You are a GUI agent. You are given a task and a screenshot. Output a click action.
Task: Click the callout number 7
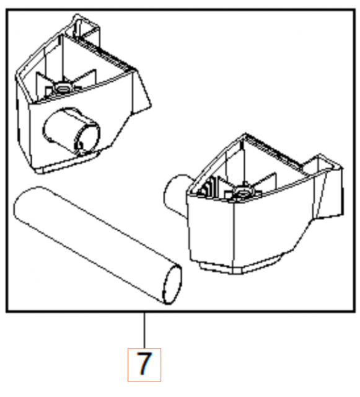click(144, 364)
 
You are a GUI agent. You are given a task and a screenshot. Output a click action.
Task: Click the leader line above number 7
click(144, 331)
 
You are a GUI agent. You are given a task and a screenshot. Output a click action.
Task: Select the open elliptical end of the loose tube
click(172, 285)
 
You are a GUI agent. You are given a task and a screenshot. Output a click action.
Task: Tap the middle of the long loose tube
click(98, 246)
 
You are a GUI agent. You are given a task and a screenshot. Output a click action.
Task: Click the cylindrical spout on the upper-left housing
click(72, 131)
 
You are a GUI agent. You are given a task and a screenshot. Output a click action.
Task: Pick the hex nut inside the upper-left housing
click(61, 87)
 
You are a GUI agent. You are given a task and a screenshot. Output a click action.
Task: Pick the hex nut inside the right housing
click(243, 193)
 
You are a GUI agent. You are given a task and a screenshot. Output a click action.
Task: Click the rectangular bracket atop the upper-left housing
click(86, 30)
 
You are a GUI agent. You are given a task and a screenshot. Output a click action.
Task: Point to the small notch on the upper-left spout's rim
click(79, 146)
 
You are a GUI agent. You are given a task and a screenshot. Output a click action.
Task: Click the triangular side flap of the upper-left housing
click(142, 91)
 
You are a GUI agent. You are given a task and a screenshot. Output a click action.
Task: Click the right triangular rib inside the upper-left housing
click(86, 79)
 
